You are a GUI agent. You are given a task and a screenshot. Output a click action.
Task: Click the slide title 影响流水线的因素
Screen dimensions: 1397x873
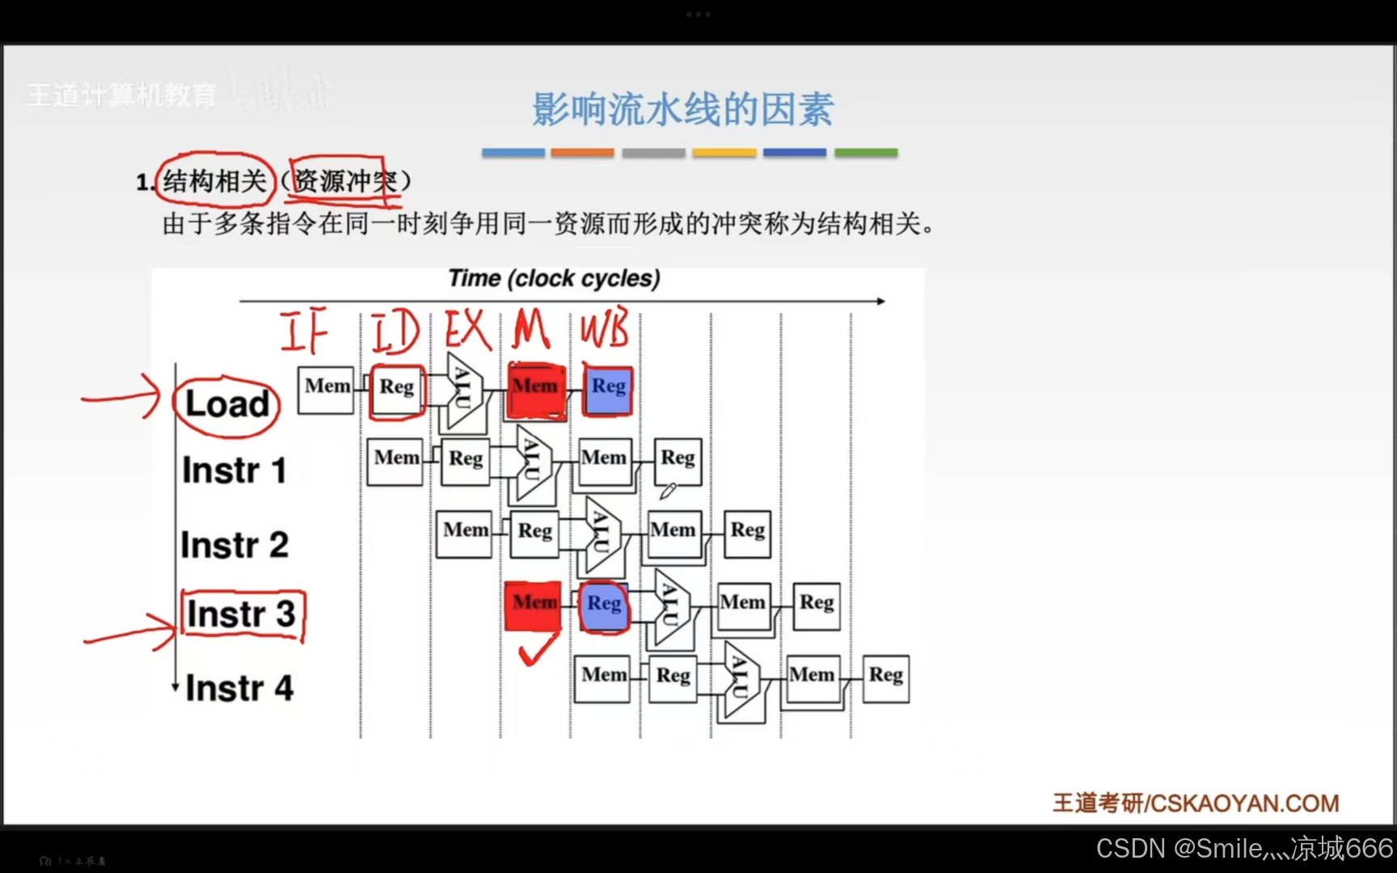point(682,109)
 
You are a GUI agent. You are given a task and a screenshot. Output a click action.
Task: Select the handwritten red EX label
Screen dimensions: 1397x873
point(468,330)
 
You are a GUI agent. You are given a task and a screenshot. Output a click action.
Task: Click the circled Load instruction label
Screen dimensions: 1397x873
point(227,404)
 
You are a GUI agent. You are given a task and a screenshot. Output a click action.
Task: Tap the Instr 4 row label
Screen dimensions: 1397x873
point(239,689)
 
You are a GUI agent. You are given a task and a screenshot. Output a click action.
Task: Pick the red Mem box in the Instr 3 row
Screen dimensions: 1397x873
point(533,605)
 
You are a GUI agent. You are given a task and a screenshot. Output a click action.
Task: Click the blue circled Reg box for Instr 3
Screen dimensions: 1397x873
point(605,605)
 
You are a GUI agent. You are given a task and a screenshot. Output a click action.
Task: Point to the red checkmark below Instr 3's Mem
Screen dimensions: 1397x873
point(537,649)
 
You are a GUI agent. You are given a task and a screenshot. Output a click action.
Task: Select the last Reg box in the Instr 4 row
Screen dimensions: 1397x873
point(886,678)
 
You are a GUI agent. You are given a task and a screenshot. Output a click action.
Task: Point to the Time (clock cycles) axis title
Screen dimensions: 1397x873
point(555,279)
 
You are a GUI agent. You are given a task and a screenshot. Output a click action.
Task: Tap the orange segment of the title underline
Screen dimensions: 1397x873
point(582,152)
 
